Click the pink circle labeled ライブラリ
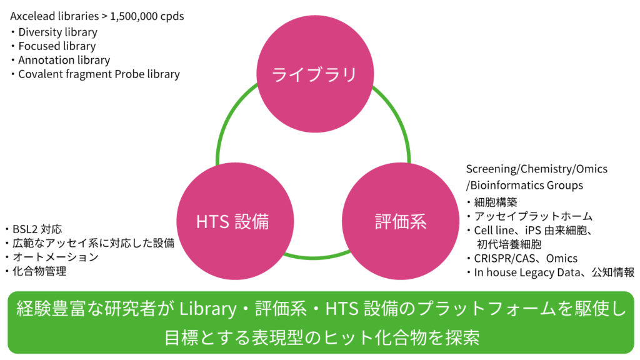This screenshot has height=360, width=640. click(x=314, y=74)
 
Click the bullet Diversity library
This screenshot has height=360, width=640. click(x=57, y=32)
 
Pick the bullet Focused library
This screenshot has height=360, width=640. click(x=57, y=46)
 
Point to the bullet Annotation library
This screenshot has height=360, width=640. click(x=64, y=60)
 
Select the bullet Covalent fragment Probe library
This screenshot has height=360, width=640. click(x=99, y=74)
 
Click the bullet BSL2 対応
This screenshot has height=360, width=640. click(x=37, y=229)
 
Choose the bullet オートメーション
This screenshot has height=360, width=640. click(x=55, y=257)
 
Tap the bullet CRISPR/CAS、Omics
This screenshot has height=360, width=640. click(x=526, y=258)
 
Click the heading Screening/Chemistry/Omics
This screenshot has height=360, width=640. click(x=536, y=169)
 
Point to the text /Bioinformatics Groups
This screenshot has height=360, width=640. click(x=524, y=185)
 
